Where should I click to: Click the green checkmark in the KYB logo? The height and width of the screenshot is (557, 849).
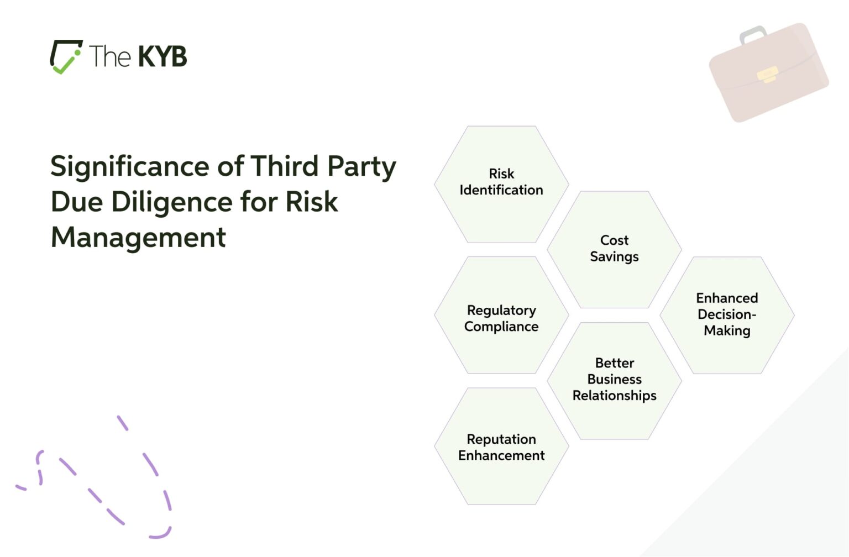(65, 62)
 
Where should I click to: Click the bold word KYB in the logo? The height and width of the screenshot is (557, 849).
(162, 56)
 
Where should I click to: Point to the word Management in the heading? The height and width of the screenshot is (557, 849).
(138, 238)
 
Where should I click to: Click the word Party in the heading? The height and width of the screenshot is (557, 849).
(361, 167)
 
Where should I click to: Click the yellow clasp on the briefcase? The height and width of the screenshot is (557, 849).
(767, 75)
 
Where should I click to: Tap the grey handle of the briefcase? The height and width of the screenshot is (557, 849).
(753, 34)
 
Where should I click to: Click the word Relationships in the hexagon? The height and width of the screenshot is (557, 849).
(614, 396)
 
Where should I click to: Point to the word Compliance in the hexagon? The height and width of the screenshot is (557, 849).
(501, 327)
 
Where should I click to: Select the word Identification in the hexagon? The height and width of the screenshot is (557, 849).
(501, 190)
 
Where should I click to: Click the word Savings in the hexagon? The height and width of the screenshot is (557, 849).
(614, 257)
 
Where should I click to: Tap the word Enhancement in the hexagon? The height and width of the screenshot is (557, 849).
(501, 455)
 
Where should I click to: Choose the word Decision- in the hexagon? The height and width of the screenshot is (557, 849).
(727, 314)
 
